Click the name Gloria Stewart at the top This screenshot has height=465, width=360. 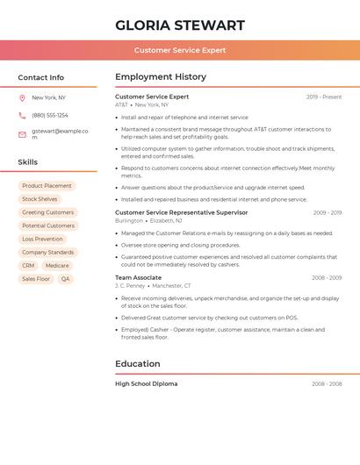[180, 25]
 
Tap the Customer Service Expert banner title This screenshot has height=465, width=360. [180, 50]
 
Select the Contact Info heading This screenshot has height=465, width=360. [41, 77]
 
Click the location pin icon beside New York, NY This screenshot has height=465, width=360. [22, 98]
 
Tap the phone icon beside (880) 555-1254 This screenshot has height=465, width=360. [22, 116]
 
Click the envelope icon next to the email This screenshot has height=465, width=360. [22, 134]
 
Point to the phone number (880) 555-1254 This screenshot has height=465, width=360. [50, 116]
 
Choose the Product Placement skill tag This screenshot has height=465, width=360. [47, 186]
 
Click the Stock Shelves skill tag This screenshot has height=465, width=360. [40, 199]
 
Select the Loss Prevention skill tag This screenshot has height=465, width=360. [42, 239]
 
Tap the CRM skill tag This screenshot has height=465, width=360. [28, 265]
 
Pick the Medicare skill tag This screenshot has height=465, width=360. [57, 265]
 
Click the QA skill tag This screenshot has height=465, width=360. [65, 279]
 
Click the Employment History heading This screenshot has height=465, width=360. [161, 77]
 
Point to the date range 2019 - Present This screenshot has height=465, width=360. [324, 97]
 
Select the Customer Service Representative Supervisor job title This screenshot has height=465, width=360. [182, 212]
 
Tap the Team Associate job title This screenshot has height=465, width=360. [138, 277]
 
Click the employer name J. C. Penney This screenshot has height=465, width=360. [130, 286]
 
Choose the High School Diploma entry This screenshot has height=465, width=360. [146, 383]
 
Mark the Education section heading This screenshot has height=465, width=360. [138, 363]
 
